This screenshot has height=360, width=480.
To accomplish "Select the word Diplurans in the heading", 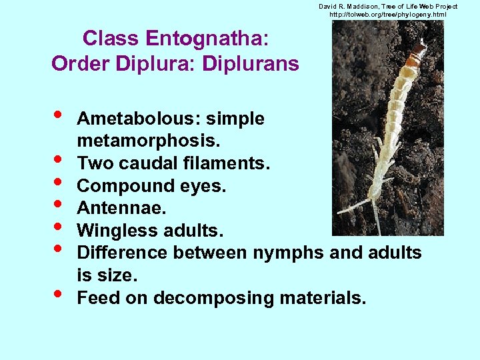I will [x=257, y=64].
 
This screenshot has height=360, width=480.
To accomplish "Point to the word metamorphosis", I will [x=149, y=142].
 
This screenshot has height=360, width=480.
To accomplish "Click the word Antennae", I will [x=121, y=209].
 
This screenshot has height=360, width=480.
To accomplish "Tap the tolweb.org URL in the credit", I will [x=388, y=15].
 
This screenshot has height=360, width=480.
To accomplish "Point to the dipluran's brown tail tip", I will [x=419, y=51].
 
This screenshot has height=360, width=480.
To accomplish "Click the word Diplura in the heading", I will [x=146, y=64].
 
